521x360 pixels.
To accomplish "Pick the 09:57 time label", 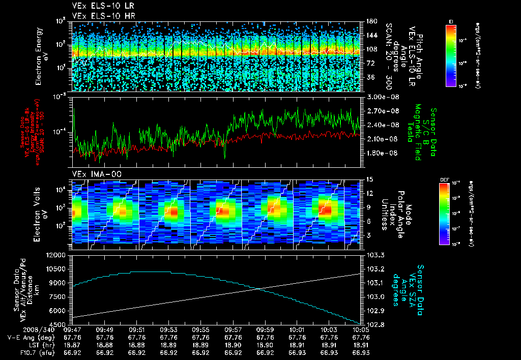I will pos(234,329).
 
